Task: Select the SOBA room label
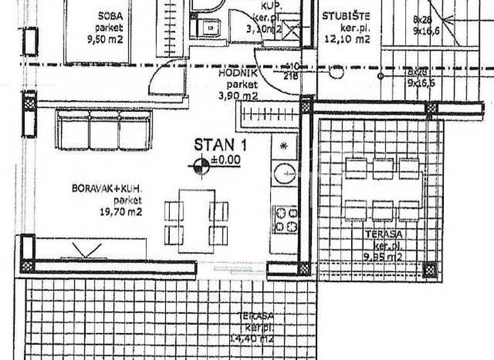point(111,15)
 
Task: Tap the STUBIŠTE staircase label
point(345,15)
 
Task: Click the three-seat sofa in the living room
point(104,129)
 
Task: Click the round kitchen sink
point(284,173)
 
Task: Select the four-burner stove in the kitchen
point(284,219)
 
